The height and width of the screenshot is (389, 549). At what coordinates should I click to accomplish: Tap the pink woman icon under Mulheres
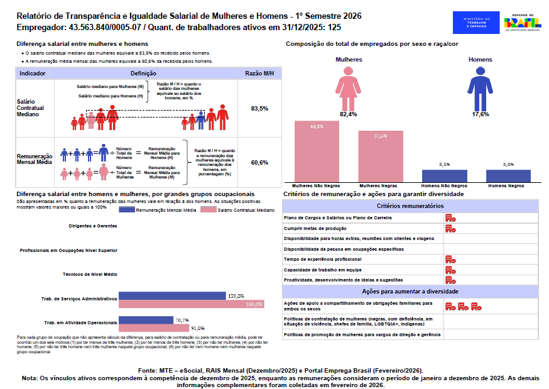click(348, 87)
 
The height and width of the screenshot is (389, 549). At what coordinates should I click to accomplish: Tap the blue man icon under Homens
click(481, 87)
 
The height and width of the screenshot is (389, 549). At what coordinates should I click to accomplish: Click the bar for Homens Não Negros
click(444, 176)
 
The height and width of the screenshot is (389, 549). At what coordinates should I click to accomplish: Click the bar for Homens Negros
click(508, 176)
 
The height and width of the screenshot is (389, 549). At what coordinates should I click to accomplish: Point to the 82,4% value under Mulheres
click(348, 114)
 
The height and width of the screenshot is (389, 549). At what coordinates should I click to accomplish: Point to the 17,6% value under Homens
click(481, 114)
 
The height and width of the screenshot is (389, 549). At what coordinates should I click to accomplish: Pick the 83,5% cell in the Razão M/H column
click(259, 108)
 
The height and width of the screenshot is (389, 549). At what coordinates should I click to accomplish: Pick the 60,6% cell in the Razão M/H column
click(259, 162)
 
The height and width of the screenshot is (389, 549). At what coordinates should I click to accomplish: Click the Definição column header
click(148, 74)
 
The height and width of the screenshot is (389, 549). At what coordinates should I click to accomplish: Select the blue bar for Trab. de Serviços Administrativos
click(172, 295)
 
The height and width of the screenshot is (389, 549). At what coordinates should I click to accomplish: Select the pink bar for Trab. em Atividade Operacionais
click(154, 328)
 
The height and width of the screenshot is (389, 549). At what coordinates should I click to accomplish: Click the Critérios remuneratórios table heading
click(410, 206)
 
